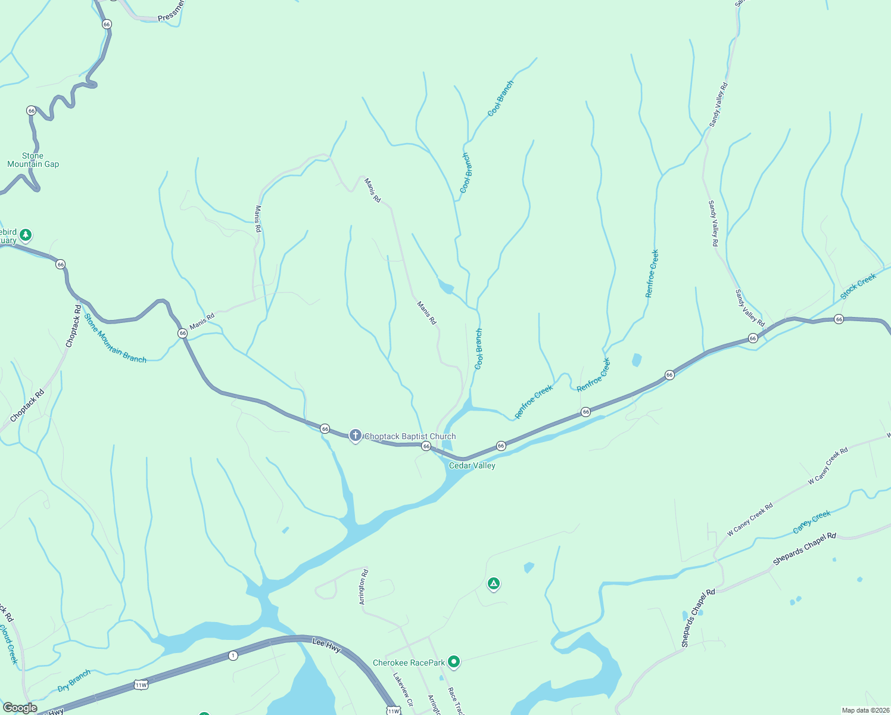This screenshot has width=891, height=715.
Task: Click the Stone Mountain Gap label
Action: click(x=33, y=160)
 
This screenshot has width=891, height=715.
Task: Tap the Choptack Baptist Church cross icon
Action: click(x=356, y=436)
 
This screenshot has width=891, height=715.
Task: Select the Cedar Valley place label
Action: click(x=472, y=465)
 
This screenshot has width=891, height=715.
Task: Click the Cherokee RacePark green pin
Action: click(x=454, y=661)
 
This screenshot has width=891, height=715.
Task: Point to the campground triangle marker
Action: click(x=493, y=584)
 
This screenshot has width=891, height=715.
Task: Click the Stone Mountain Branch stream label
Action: click(x=115, y=338)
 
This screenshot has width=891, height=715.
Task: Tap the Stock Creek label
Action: click(x=858, y=287)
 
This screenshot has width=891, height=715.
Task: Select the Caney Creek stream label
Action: click(x=812, y=522)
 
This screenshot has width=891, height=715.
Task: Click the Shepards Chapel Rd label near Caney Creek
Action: click(x=804, y=549)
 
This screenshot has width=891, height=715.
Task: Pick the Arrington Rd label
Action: click(x=364, y=587)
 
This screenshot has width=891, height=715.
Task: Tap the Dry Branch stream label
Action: click(x=74, y=680)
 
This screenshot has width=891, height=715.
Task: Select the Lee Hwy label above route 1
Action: click(x=326, y=645)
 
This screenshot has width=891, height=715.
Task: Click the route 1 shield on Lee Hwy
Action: click(x=233, y=655)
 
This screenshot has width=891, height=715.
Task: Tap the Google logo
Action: click(x=20, y=708)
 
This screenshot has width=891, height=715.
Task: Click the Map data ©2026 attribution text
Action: click(x=865, y=710)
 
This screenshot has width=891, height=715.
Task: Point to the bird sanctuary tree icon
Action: click(x=25, y=235)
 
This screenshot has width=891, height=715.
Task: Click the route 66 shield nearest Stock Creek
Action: click(x=839, y=319)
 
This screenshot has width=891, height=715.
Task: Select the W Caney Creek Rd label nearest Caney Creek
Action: click(x=750, y=520)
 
